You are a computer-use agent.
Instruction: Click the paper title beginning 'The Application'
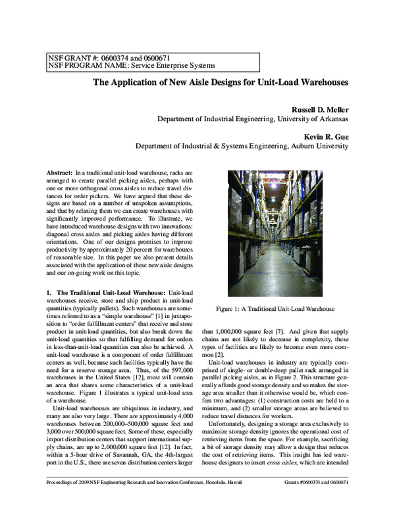click(x=219, y=84)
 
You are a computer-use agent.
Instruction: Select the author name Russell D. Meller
click(x=311, y=109)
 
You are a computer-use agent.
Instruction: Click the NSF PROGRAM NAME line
click(x=130, y=66)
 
